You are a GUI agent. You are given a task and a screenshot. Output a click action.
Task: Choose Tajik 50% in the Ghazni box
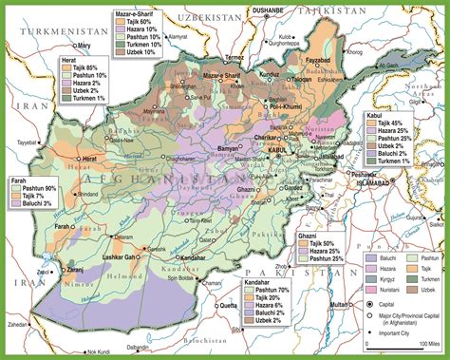[324, 244]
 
